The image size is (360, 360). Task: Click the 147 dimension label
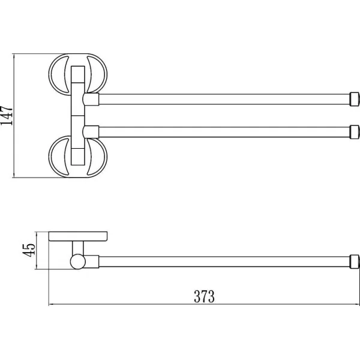(x=7, y=115)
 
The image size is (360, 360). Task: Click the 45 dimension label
(x=29, y=250)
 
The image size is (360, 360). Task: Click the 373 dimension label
(x=205, y=296)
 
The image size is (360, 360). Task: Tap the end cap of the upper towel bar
(x=354, y=99)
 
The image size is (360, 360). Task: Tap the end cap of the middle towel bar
(x=354, y=132)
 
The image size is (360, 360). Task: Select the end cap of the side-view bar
(x=354, y=262)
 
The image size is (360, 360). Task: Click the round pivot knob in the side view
(x=78, y=262)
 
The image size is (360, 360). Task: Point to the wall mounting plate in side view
(x=78, y=236)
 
